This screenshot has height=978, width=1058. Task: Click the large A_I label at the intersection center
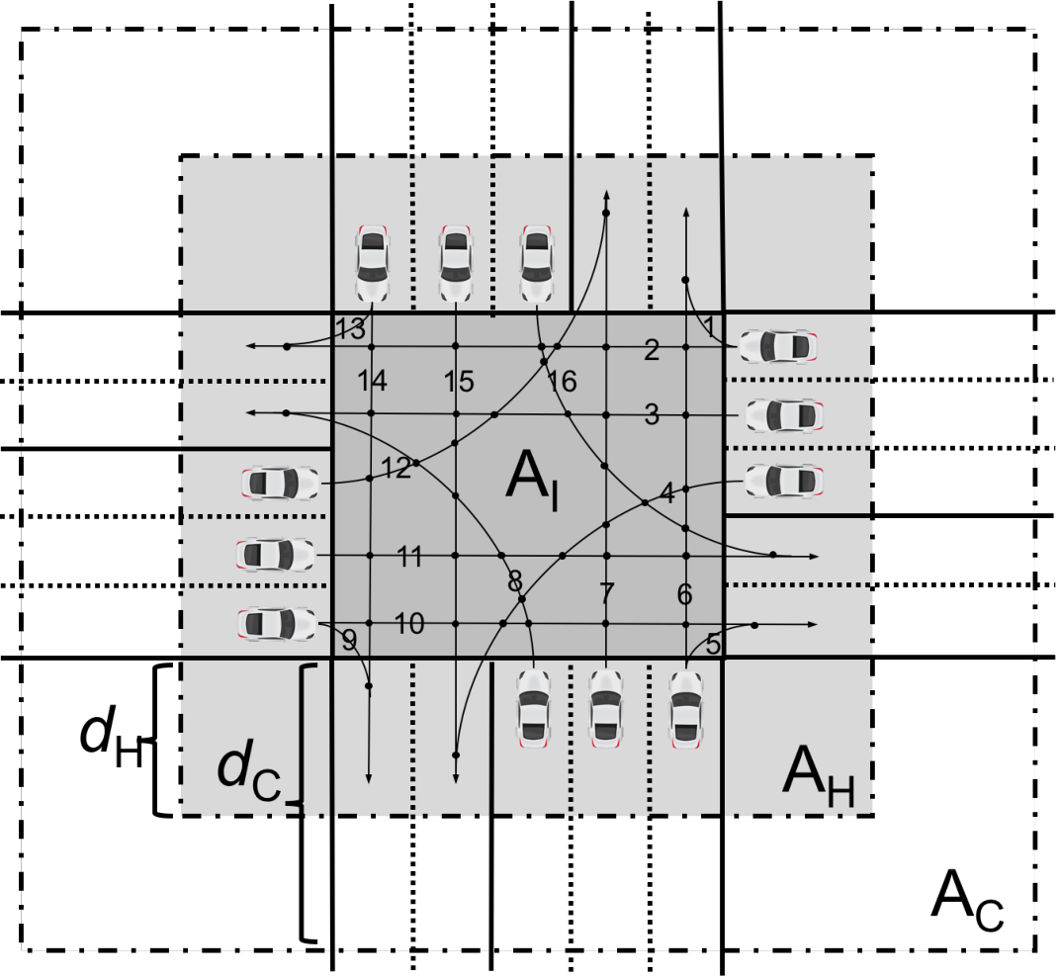(x=532, y=479)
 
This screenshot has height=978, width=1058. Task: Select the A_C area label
(x=967, y=901)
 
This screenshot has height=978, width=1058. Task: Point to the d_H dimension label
(x=112, y=737)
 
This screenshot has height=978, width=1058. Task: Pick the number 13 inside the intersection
(x=351, y=329)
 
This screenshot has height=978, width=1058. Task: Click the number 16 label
(x=563, y=382)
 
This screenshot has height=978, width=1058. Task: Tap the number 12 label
(x=397, y=468)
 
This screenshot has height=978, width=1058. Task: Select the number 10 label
(x=409, y=624)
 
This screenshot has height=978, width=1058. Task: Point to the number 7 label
(x=607, y=593)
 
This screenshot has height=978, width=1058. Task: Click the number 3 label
(x=652, y=414)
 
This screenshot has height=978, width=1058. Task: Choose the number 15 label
(x=459, y=382)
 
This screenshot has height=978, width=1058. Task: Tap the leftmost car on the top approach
(x=372, y=263)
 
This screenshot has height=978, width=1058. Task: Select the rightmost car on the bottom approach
(x=686, y=710)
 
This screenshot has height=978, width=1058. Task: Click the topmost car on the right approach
(x=778, y=346)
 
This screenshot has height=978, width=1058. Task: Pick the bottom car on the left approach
(x=277, y=624)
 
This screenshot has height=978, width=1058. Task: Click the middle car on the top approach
(x=456, y=263)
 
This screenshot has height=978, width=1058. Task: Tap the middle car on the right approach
(x=784, y=415)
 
